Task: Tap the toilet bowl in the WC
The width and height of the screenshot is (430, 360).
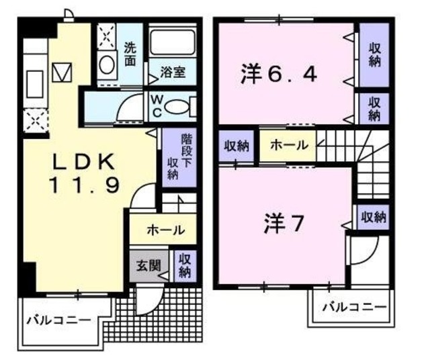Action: [177, 106]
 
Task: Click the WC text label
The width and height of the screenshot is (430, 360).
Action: [155, 105]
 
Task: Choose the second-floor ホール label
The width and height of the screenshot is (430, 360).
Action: [288, 144]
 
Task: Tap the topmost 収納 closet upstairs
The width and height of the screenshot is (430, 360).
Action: [373, 54]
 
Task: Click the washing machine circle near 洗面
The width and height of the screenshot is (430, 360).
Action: [107, 65]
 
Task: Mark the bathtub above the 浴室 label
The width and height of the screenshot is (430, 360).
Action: [171, 42]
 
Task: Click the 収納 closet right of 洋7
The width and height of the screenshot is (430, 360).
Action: [373, 216]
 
